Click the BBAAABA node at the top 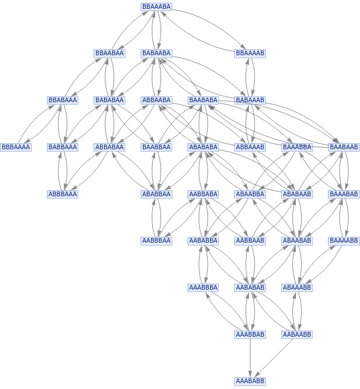tap(156, 6)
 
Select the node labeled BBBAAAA tap(16, 147)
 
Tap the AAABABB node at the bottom tap(250, 381)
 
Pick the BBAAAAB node tap(250, 53)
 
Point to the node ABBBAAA tap(62, 194)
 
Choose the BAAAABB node tap(344, 241)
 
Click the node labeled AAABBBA tap(203, 288)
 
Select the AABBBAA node tap(156, 241)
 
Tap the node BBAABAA tap(109, 53)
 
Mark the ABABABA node tap(203, 147)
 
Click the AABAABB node tap(297, 335)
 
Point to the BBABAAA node tap(62, 100)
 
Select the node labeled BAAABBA tap(297, 147)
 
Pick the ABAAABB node tap(297, 288)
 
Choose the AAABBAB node tap(250, 335)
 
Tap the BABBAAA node tap(62, 147)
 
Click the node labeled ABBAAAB tap(250, 147)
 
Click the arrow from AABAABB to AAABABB tap(274, 358)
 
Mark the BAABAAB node tap(344, 147)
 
